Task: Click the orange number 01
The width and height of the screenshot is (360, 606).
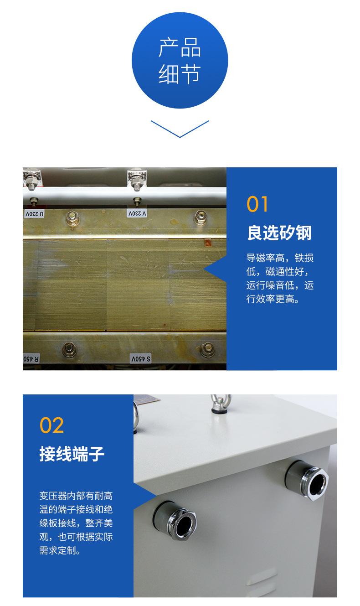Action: point(257,204)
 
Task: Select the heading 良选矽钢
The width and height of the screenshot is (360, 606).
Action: point(279,233)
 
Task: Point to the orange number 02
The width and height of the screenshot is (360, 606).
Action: point(51,425)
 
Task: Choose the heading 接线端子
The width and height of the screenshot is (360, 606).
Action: point(72,454)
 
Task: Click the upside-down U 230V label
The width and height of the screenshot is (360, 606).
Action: point(35,213)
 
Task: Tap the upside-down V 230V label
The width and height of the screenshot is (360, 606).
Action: point(138,213)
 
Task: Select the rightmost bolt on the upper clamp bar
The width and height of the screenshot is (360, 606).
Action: point(201,217)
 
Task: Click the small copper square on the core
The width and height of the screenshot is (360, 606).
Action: point(208,243)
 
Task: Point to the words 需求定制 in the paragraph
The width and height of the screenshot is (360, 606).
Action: point(56,550)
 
